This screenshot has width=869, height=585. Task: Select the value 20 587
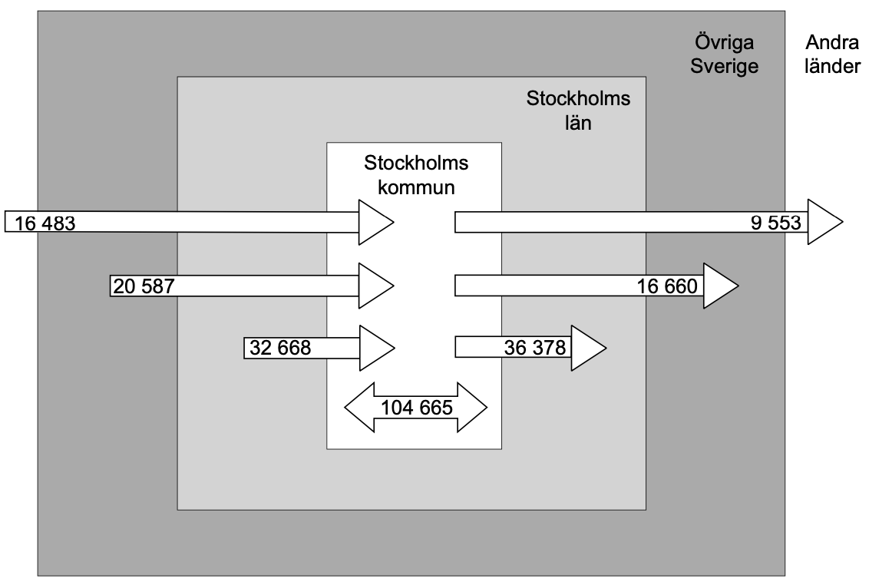(144, 286)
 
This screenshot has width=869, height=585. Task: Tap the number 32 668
(279, 349)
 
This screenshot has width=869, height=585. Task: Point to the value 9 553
(777, 223)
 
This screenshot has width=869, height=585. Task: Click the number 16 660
(666, 287)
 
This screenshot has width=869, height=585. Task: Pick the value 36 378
(535, 349)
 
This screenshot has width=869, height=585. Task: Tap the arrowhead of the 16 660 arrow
(720, 286)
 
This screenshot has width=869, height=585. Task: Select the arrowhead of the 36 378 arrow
(588, 349)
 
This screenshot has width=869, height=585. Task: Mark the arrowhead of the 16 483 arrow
(375, 223)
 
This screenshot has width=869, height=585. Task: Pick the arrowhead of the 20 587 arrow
(375, 286)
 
